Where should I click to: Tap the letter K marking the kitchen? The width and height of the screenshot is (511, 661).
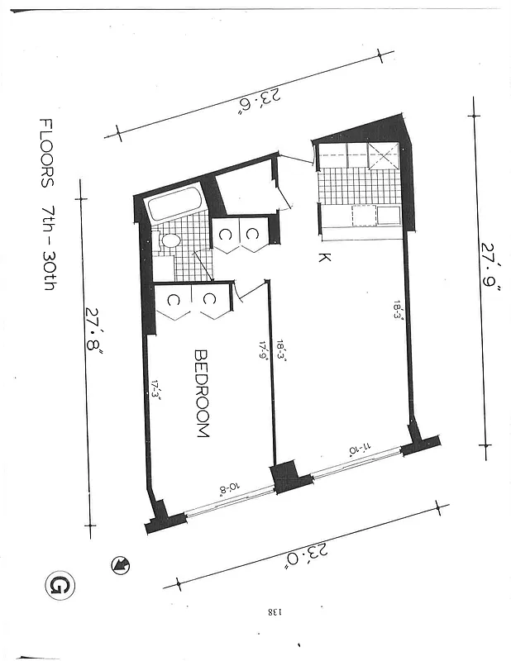click(x=325, y=258)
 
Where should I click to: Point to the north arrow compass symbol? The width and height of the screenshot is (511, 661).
click(x=121, y=565)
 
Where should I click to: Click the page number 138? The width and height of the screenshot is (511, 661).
click(x=274, y=612)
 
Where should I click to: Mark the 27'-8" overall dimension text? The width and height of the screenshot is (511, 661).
click(x=94, y=340)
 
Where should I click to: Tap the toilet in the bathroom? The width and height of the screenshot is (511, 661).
click(x=170, y=241)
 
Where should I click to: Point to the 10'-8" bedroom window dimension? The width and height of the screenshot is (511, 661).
click(x=227, y=488)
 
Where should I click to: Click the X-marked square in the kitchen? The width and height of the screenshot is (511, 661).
click(x=384, y=155)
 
